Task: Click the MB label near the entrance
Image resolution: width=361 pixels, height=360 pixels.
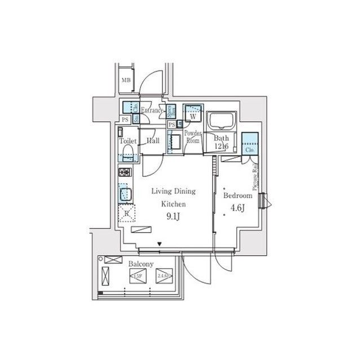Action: (126, 80)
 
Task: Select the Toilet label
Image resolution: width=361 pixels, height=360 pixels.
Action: (127, 141)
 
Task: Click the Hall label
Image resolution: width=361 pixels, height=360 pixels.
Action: (153, 141)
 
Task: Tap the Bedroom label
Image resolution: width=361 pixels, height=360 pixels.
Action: (237, 195)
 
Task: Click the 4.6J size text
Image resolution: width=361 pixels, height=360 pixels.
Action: (237, 208)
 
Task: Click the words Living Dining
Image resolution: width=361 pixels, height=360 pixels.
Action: (171, 192)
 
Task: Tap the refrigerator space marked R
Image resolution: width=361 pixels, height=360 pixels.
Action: (127, 212)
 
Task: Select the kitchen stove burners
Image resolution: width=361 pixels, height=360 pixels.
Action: (125, 172)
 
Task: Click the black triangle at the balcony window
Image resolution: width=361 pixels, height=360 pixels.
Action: (161, 245)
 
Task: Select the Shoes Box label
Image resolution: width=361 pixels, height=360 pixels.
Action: (170, 111)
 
